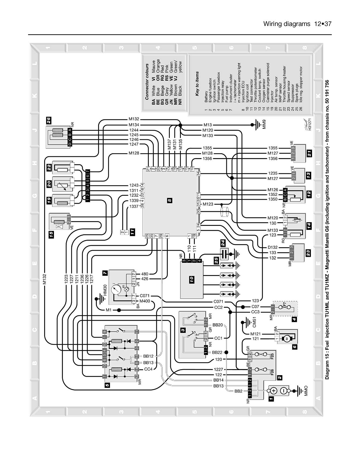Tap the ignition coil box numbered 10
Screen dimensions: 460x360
point(192,279)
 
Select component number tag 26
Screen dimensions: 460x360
point(49,120)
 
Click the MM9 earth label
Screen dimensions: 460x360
point(264,124)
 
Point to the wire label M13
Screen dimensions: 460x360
point(207,125)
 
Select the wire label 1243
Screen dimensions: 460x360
point(134,185)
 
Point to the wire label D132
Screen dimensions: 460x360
point(273,247)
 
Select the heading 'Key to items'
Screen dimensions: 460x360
point(197,84)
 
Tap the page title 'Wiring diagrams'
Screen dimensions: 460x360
point(287,24)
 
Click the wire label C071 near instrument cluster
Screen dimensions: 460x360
point(144,296)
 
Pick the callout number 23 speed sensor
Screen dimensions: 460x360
point(308,253)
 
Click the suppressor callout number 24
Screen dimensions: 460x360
point(223,243)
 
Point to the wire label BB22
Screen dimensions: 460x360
point(217,352)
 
